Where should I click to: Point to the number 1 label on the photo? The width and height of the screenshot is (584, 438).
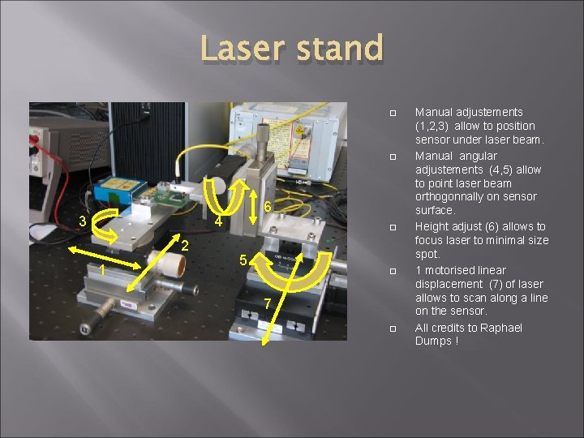[x=102, y=271]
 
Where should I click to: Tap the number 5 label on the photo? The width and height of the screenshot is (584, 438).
[x=243, y=260]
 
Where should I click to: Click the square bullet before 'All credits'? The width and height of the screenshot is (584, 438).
[x=392, y=328]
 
